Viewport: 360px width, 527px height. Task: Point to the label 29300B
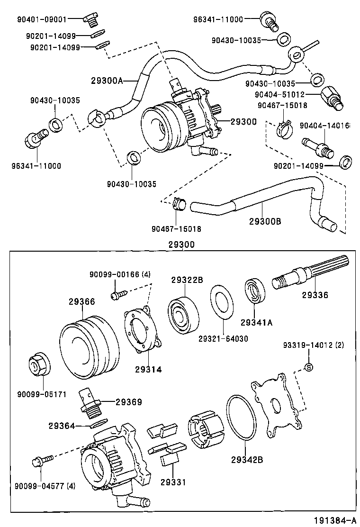(265, 221)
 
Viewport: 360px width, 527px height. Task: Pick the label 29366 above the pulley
(81, 301)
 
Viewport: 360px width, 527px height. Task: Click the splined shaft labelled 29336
(308, 275)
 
